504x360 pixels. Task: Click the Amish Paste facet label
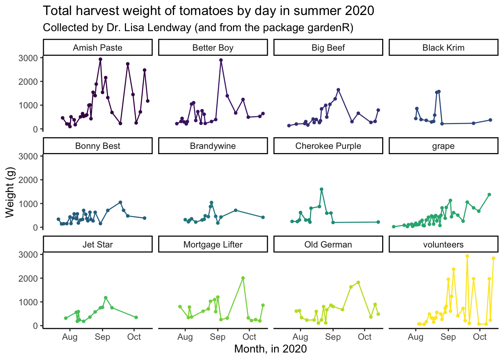(97, 48)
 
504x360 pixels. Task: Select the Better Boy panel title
(213, 48)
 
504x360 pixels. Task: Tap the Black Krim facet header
(443, 48)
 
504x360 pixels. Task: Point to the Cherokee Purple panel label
(328, 146)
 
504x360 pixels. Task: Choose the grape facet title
(443, 146)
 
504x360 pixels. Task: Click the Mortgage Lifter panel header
(213, 244)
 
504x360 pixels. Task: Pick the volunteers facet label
(443, 244)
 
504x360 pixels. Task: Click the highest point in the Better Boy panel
(221, 60)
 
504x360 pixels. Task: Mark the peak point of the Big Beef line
(338, 90)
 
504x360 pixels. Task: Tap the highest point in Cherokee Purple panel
(321, 189)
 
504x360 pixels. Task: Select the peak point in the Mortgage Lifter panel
(243, 278)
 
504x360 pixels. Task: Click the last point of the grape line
(489, 195)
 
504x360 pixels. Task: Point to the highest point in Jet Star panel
(105, 298)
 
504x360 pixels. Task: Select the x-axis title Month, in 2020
(270, 349)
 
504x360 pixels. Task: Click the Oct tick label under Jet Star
(134, 337)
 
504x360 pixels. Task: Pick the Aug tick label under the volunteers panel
(415, 337)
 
